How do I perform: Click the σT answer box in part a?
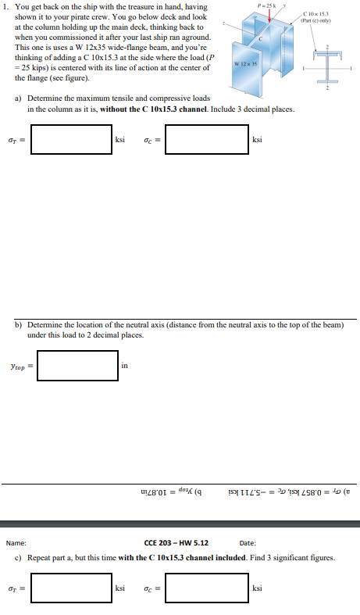[77, 141]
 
